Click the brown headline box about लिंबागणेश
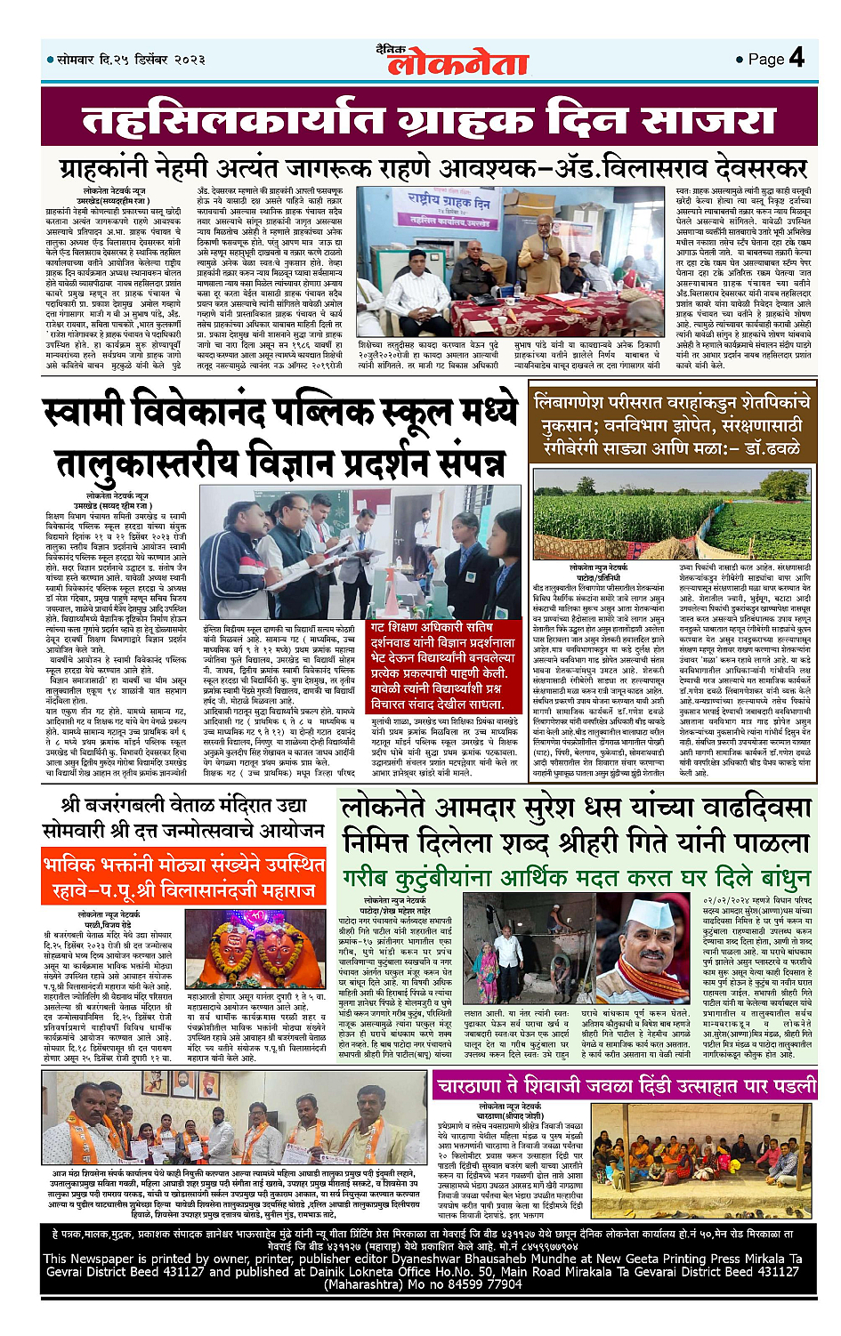673,428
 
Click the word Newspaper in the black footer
121,1259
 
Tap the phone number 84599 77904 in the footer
476,1284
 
